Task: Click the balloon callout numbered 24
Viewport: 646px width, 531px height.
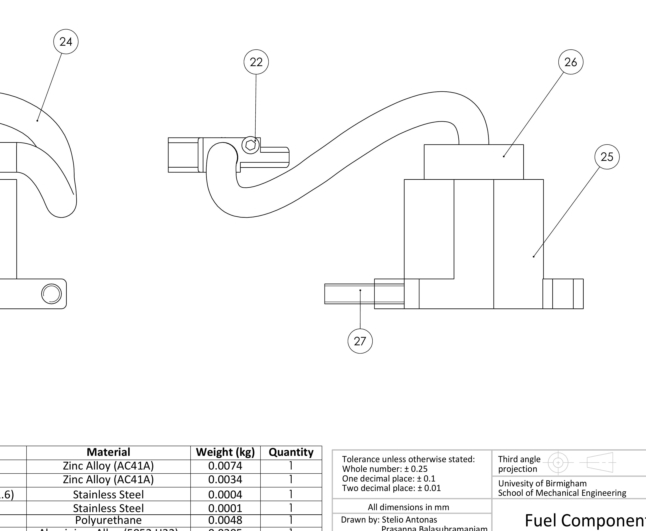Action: [x=66, y=42]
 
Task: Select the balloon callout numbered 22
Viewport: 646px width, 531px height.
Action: [x=256, y=62]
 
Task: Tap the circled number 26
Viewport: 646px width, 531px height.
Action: [x=570, y=62]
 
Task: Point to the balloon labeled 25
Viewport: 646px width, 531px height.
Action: [x=607, y=157]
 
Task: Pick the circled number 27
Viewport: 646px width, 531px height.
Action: [x=360, y=341]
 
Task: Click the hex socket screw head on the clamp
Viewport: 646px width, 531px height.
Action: [x=251, y=145]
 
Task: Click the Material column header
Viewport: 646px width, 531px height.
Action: [x=108, y=452]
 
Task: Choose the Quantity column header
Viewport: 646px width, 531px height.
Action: [x=291, y=452]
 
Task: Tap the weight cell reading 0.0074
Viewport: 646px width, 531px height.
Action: [x=225, y=466]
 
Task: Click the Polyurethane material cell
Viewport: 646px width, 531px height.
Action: [x=108, y=520]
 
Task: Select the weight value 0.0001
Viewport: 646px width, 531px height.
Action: [x=225, y=508]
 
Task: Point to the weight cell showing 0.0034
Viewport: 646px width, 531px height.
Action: [x=225, y=479]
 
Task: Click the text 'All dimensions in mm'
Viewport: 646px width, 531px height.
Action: [x=408, y=507]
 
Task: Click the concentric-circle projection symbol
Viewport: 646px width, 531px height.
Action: [x=558, y=463]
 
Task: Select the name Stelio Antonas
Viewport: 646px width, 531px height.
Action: [x=409, y=520]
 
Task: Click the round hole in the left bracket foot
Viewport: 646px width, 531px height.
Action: [x=51, y=294]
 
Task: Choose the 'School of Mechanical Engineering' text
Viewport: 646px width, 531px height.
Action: [x=562, y=493]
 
